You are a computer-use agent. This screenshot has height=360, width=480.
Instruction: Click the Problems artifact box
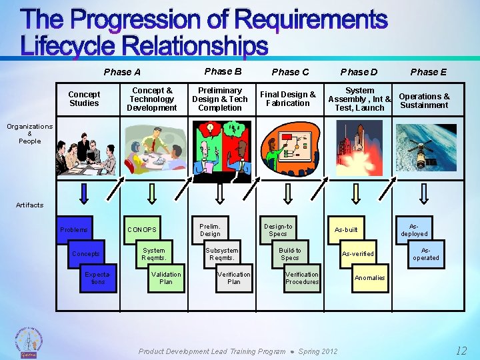click(x=74, y=230)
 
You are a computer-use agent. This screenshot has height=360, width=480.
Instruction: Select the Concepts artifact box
click(x=86, y=254)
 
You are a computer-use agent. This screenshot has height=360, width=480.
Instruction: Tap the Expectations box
click(x=98, y=278)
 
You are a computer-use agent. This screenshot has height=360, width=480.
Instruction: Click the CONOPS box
click(x=142, y=230)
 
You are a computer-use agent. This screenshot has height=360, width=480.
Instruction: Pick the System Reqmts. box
click(x=154, y=254)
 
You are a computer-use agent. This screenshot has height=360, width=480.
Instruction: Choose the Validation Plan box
click(x=166, y=278)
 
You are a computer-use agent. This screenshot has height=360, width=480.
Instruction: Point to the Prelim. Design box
click(x=210, y=230)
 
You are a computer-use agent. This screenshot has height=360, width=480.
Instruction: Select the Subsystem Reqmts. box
click(x=222, y=254)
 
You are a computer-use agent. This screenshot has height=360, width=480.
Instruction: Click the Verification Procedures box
click(x=302, y=278)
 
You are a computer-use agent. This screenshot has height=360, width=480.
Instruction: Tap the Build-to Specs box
click(x=290, y=254)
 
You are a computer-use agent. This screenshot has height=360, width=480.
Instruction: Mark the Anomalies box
click(x=370, y=278)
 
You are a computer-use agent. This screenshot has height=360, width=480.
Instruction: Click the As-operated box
click(x=426, y=254)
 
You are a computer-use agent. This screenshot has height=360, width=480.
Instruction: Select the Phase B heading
click(x=223, y=71)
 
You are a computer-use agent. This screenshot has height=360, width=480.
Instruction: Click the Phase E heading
click(x=429, y=72)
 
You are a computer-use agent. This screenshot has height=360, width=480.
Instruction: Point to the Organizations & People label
click(x=30, y=133)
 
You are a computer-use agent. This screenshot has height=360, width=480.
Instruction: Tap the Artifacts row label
click(x=29, y=205)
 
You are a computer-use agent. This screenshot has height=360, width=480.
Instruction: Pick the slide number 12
click(x=461, y=351)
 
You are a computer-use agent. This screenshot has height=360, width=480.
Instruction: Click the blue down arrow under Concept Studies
click(x=85, y=193)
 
